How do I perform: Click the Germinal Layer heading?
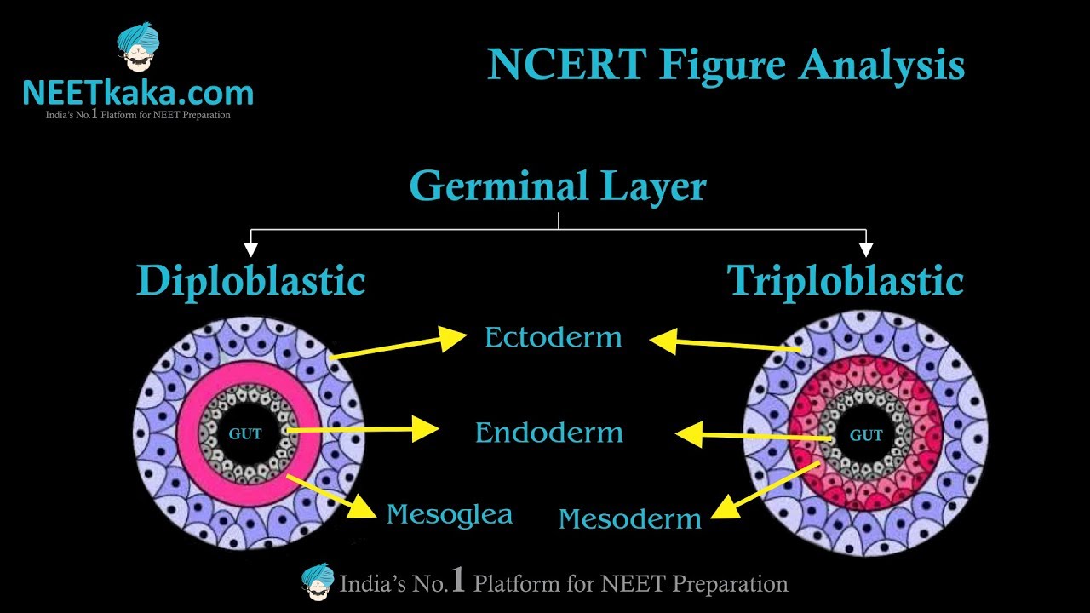pos(558,186)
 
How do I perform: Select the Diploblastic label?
pos(250,281)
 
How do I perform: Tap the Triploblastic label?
pos(845,281)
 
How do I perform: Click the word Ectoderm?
pos(553,338)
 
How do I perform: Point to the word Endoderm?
pos(548,433)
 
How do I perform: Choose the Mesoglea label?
pos(449,514)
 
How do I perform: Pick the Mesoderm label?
pos(629,518)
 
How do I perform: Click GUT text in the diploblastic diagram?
pos(245,434)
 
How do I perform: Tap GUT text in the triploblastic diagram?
pos(866,436)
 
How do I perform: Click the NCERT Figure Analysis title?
pos(726,65)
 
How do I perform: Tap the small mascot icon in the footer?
pos(318,581)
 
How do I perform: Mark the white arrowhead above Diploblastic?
pos(250,249)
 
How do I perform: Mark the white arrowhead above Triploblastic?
pos(866,249)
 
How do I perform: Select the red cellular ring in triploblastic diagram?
pos(920,400)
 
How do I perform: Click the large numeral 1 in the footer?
pos(458,581)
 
